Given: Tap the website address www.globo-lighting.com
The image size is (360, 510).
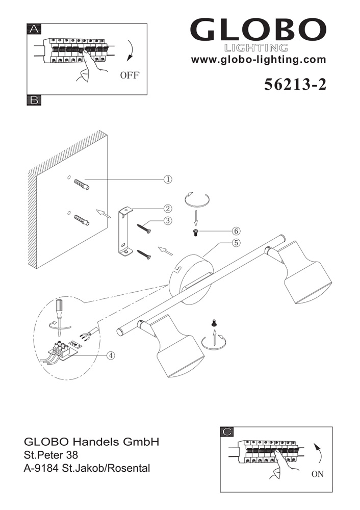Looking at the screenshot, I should click(258, 60).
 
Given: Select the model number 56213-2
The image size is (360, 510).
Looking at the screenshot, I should click(295, 85).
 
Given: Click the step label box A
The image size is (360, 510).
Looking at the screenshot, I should click(34, 30).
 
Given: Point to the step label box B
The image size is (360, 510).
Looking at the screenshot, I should click(34, 100).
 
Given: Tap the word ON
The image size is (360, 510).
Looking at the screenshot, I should click(317, 474).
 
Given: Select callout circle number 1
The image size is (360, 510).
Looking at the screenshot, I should click(168, 179).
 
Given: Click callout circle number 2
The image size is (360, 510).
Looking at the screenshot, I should click(168, 208).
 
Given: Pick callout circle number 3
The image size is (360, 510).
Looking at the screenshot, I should click(168, 221).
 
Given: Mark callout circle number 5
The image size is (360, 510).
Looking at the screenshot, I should click(236, 243).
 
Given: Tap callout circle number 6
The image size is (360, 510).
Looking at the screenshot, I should click(236, 231).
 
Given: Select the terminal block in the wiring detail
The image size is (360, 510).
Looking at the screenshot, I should click(64, 350).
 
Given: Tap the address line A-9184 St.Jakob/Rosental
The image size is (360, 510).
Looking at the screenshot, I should click(87, 468).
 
